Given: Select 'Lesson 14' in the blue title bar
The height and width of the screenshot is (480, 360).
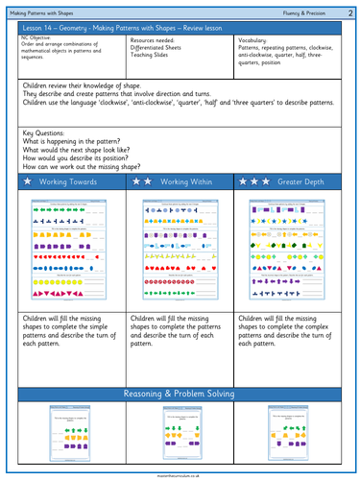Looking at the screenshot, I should point(39,30).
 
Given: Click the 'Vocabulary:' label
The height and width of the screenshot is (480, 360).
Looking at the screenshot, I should point(253,41).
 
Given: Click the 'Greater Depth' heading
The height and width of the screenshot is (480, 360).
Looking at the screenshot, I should point(300,180).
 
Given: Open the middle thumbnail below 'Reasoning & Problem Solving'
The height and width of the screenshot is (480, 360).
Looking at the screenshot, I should point(180,439).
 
